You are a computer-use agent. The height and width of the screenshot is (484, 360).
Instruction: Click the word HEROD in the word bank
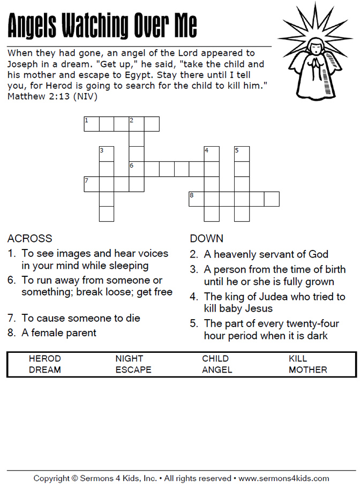(44, 359)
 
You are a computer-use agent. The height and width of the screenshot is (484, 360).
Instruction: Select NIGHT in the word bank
(129, 359)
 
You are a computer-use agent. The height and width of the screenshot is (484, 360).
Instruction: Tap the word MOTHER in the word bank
(307, 370)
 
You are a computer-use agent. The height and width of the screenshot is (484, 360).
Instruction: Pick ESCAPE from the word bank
(133, 370)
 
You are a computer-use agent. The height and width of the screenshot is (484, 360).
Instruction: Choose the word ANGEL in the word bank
(217, 370)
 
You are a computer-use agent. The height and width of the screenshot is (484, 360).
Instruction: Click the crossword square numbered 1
(92, 124)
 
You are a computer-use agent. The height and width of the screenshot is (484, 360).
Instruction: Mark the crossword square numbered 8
(197, 199)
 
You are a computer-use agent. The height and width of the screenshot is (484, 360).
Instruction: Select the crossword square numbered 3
(107, 154)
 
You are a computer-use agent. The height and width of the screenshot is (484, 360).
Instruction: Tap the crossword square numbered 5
(242, 154)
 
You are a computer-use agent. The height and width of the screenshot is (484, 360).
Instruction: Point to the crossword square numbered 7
(92, 184)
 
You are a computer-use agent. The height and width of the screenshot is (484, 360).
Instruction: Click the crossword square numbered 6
(137, 169)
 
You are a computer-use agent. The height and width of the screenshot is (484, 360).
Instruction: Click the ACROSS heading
(30, 239)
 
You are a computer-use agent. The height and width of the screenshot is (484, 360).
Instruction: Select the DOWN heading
(207, 239)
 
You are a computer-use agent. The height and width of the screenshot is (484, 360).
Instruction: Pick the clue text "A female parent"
(59, 333)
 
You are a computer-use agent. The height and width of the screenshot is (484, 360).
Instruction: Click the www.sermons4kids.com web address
(283, 478)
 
